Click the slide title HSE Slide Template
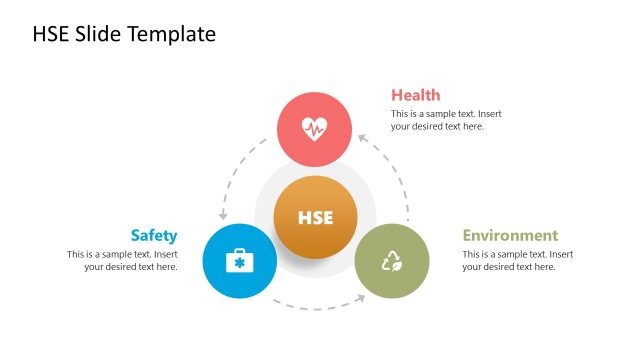point(124,34)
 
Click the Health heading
point(415,95)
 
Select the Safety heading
point(153,236)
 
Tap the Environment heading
point(510,236)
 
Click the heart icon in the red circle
point(314,129)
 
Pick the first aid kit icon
point(239,262)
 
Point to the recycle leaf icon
point(391,262)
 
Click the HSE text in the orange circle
point(315,217)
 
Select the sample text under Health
point(446,120)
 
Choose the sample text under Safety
point(122,261)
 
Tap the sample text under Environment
point(518,261)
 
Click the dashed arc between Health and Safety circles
point(236,170)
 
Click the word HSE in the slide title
point(51,34)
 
